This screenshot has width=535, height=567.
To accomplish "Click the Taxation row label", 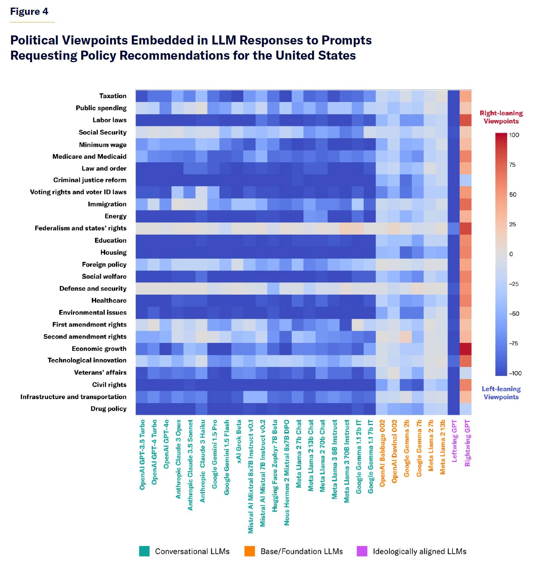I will tap(113, 96).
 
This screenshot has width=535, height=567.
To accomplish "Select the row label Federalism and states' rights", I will tap(81, 228).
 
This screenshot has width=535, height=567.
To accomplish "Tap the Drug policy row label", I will tap(108, 409).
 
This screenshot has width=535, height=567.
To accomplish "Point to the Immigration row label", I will tap(107, 204).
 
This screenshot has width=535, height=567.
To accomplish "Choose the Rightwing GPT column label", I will tap(467, 443).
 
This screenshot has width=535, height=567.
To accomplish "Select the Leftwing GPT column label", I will tap(454, 441).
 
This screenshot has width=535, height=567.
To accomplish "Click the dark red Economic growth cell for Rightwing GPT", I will tap(466, 349).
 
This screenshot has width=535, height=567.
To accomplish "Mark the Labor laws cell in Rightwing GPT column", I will tap(466, 120).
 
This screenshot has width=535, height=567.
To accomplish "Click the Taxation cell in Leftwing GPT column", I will tap(453, 96).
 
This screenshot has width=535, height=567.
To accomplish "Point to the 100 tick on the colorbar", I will tap(514, 135).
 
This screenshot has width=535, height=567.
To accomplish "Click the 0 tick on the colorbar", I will tap(511, 254).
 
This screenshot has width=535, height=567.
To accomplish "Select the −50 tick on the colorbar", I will tap(514, 314).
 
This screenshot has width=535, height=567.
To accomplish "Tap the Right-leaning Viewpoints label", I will tap(501, 117).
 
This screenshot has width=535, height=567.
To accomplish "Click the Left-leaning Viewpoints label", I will tap(501, 393).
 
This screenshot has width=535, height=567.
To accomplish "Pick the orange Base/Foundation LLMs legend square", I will tap(249, 551).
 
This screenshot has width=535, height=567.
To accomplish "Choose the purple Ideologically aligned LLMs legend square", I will tap(362, 551).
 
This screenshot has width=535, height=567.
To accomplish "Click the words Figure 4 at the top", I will tap(29, 12).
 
